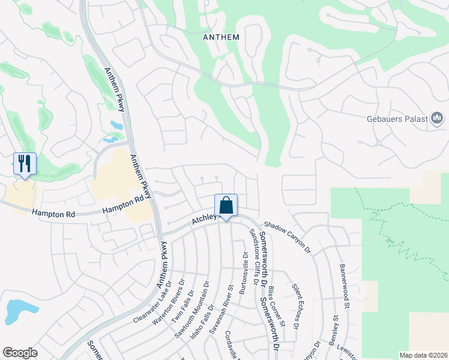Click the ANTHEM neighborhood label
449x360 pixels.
pos(221,37)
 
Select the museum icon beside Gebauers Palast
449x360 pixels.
pos(438,119)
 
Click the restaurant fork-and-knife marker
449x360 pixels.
pos(25,163)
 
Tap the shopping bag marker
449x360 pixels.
pos(226,205)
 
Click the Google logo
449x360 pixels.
pos(20,353)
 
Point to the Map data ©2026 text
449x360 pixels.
pos(424,355)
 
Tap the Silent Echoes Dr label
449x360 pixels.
pos(296,306)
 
